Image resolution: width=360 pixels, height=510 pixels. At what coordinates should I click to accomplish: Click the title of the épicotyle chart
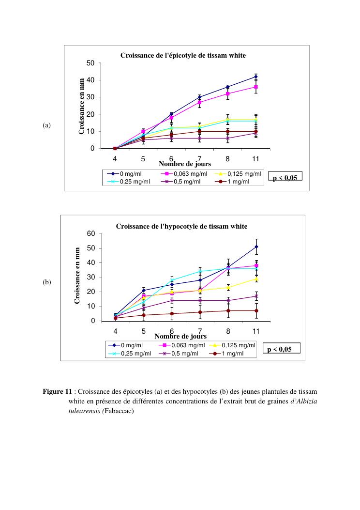tap(183, 56)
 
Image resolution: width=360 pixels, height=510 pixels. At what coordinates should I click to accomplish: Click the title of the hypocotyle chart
tap(181, 226)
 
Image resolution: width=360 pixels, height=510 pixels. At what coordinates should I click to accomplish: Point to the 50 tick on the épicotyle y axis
tap(90, 63)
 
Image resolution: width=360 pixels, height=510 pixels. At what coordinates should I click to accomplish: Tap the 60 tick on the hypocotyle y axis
tap(90, 233)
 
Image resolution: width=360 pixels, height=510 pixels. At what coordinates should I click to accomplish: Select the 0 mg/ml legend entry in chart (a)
tap(127, 174)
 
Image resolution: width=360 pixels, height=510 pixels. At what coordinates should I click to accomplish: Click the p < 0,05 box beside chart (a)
tap(285, 177)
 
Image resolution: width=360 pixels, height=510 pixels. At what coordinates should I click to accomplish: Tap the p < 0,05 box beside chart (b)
tap(281, 349)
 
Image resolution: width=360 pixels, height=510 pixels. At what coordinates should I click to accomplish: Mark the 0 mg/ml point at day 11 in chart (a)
tap(256, 77)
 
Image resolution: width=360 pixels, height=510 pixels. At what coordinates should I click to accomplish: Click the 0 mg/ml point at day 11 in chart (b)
tap(256, 247)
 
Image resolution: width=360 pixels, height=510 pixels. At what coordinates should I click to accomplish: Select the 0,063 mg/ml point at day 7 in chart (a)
tap(199, 102)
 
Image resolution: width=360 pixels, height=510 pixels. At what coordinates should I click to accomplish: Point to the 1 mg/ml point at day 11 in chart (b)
tap(256, 310)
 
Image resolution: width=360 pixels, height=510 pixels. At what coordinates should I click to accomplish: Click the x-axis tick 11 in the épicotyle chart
tap(256, 158)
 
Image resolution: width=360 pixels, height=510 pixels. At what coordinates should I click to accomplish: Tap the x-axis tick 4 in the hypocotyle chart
tap(115, 330)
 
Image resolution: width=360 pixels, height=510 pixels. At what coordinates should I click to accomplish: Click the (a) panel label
tap(46, 125)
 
